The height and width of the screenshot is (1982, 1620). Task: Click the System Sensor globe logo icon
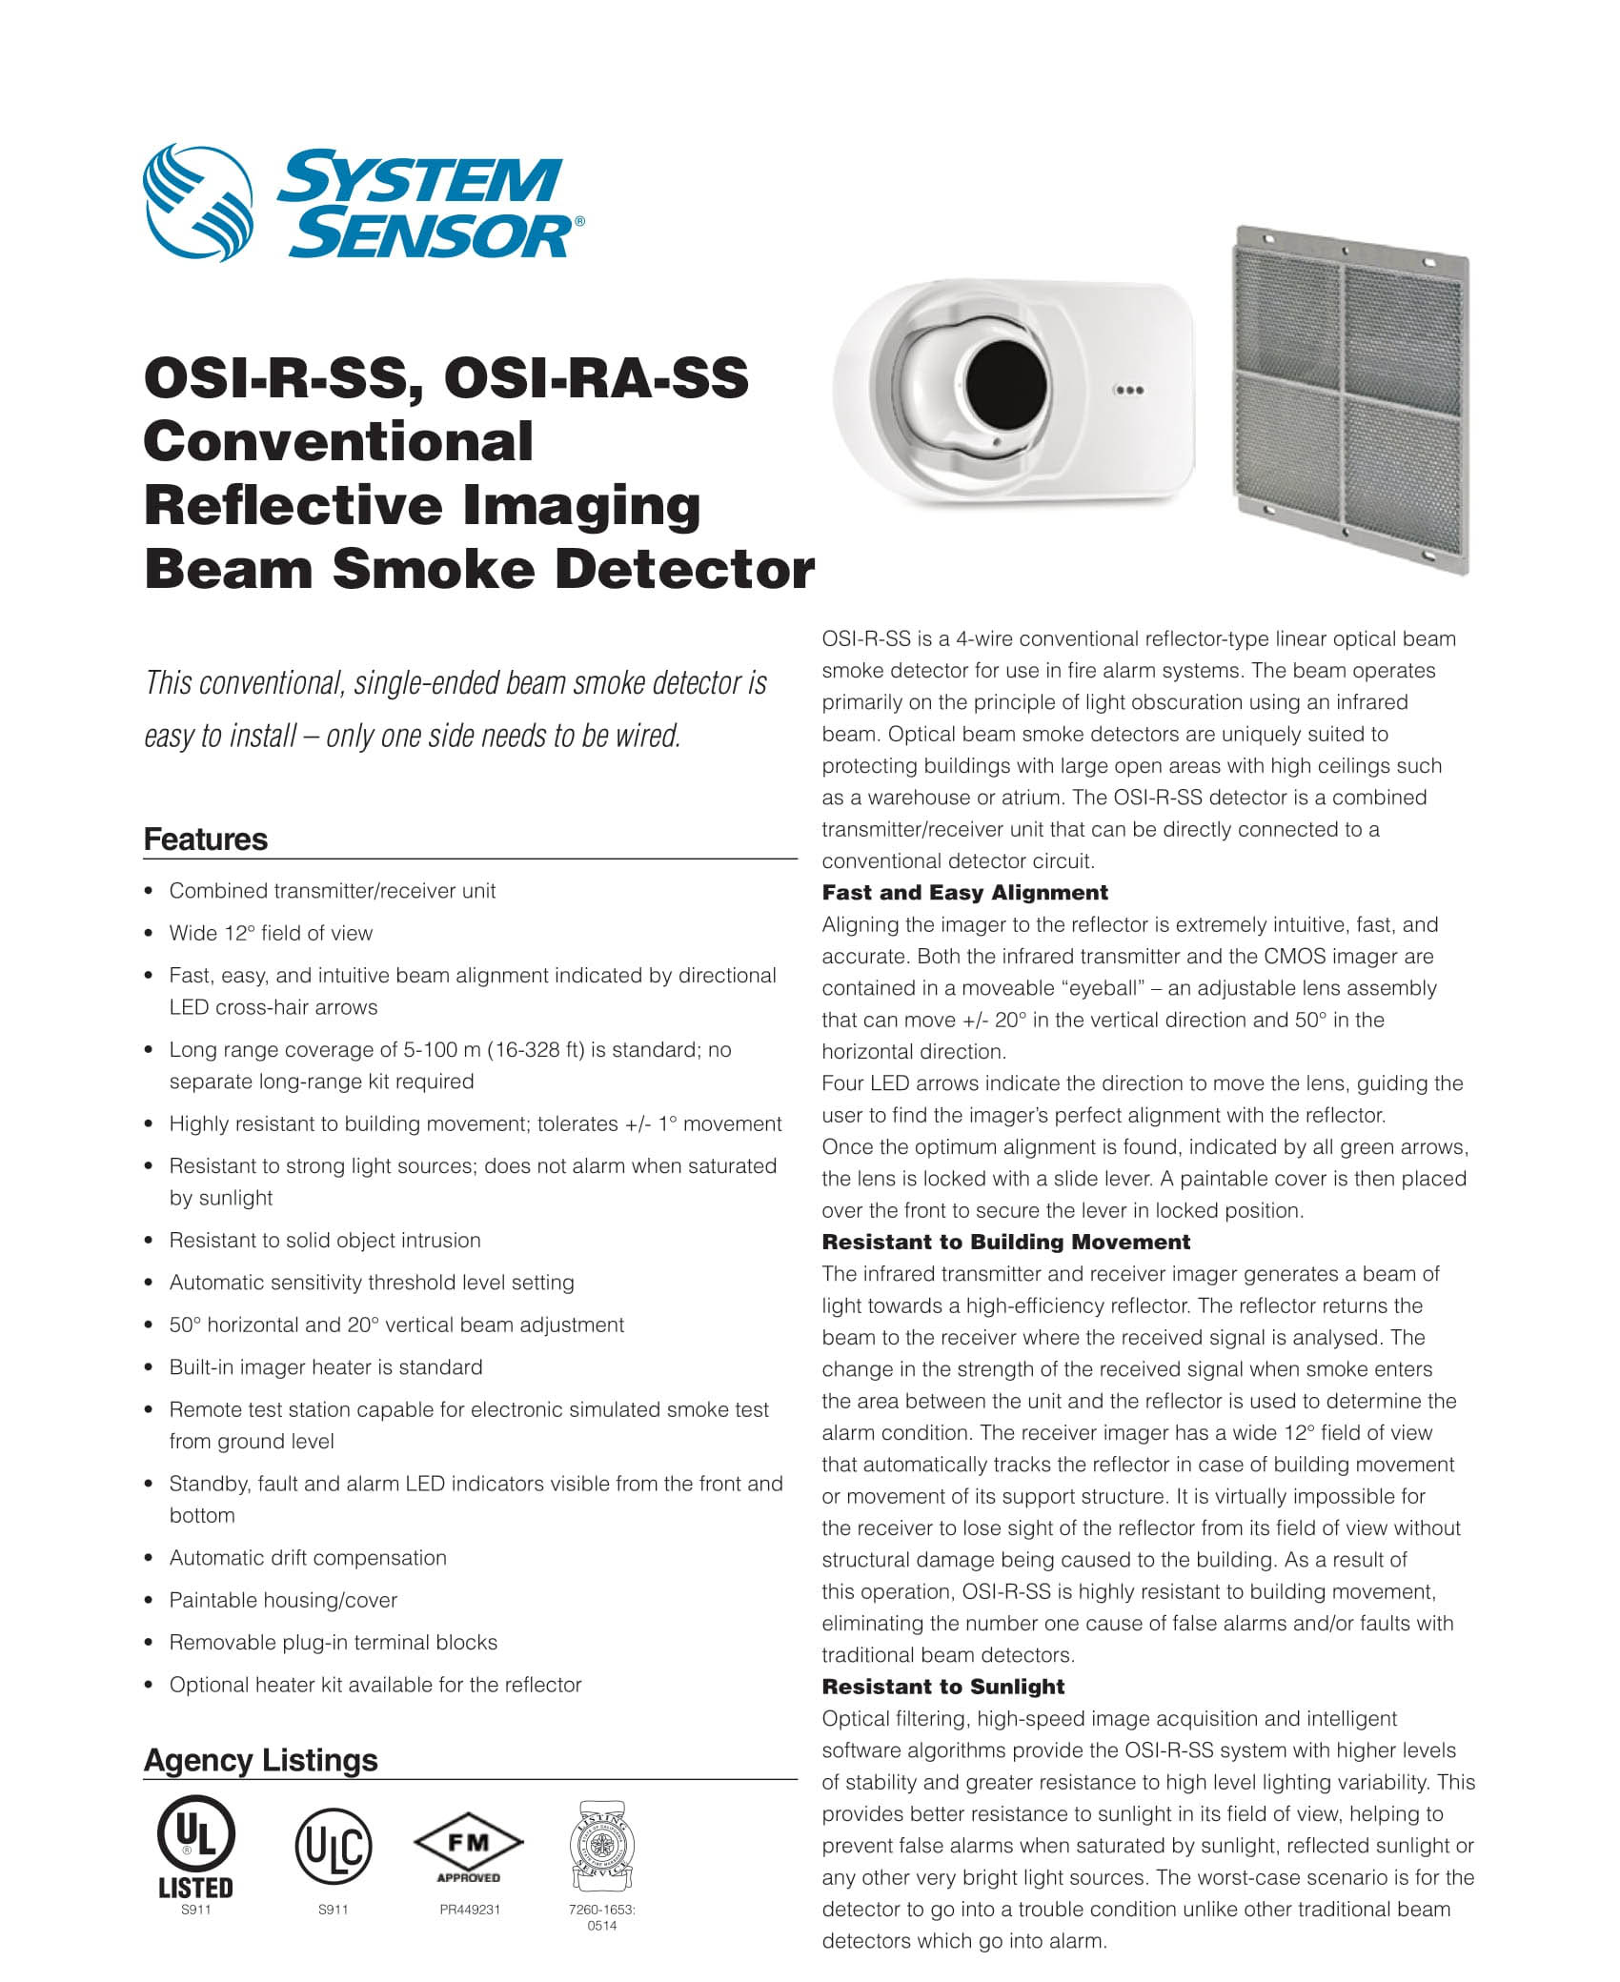(198, 203)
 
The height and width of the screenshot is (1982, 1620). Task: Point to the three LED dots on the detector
(1128, 390)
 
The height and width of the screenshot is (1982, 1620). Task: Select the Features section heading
(206, 839)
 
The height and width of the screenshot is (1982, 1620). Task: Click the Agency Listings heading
(260, 1760)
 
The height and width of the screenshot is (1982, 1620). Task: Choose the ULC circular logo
(333, 1848)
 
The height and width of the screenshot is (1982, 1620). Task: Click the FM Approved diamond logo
(468, 1846)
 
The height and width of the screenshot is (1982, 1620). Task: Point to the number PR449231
(469, 1910)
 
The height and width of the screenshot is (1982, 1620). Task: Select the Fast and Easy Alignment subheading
(964, 893)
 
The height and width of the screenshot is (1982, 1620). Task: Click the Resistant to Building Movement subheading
(1005, 1243)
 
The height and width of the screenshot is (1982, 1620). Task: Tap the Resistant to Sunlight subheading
(942, 1687)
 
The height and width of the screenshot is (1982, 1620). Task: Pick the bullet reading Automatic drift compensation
(308, 1558)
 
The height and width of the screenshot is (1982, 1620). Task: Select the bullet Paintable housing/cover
(283, 1600)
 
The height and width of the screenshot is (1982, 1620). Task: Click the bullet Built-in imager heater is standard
(326, 1367)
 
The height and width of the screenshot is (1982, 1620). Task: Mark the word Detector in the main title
(684, 569)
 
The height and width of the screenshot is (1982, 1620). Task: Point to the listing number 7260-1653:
(601, 1910)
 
